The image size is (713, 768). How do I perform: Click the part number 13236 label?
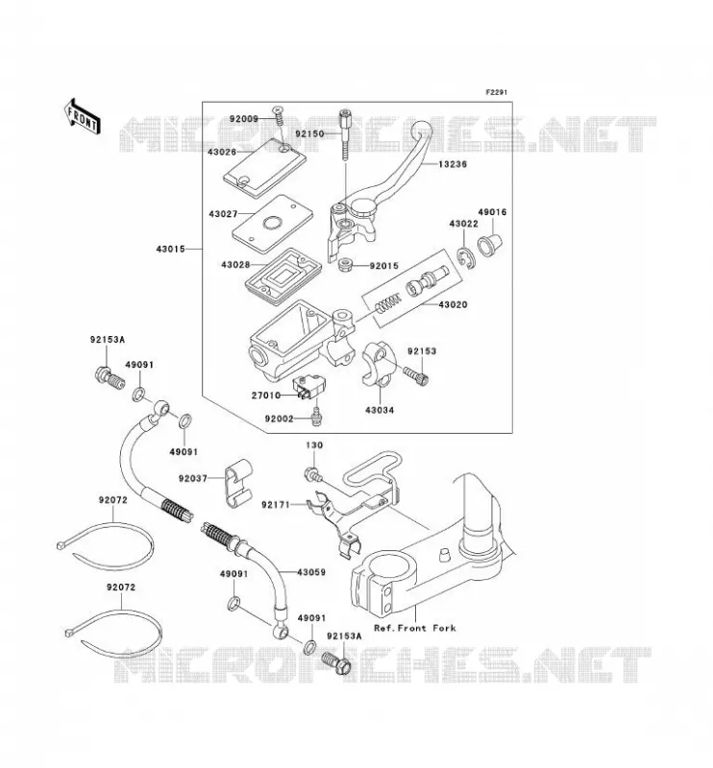[x=453, y=164]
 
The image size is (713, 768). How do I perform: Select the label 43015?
[x=171, y=249]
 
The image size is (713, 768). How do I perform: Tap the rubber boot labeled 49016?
[x=491, y=244]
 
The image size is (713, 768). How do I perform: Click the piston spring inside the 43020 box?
[x=388, y=303]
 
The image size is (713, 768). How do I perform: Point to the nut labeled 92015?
[x=348, y=266]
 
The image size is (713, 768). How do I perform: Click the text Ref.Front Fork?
[x=415, y=628]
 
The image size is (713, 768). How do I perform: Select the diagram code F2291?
[x=496, y=92]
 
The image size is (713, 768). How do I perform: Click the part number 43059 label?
[x=311, y=572]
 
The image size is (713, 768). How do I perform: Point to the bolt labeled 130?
[x=312, y=473]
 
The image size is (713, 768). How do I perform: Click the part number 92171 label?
[x=276, y=504]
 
